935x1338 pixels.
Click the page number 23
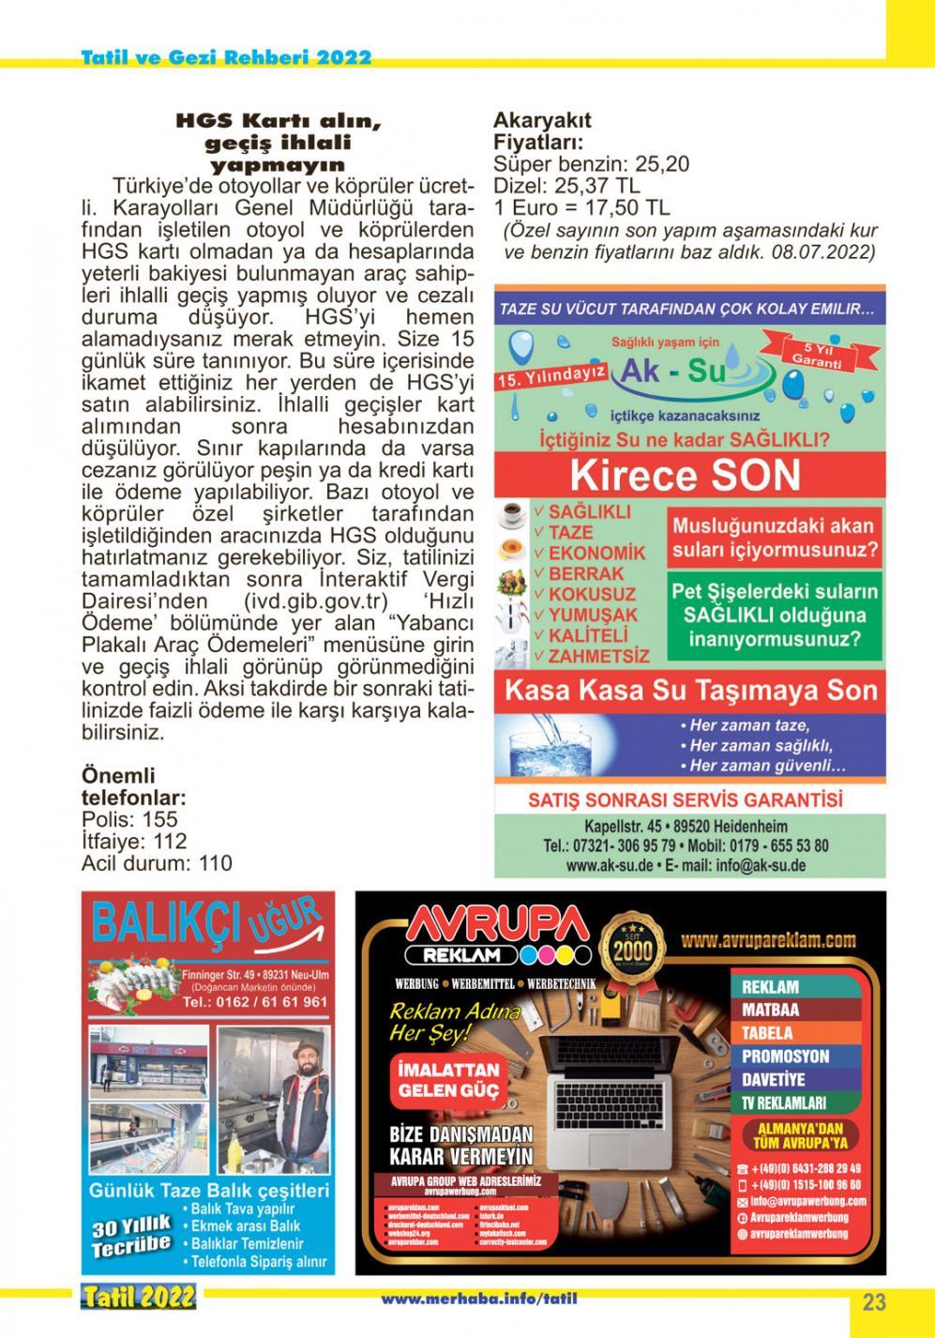click(873, 1302)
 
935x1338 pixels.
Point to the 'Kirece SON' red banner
click(686, 476)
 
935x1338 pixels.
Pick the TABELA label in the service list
click(768, 1033)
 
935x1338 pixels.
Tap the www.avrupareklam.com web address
click(782, 939)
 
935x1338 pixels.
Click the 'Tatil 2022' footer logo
click(138, 1298)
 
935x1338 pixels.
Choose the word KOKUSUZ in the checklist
click(592, 594)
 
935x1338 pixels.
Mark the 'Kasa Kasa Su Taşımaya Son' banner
click(690, 692)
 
